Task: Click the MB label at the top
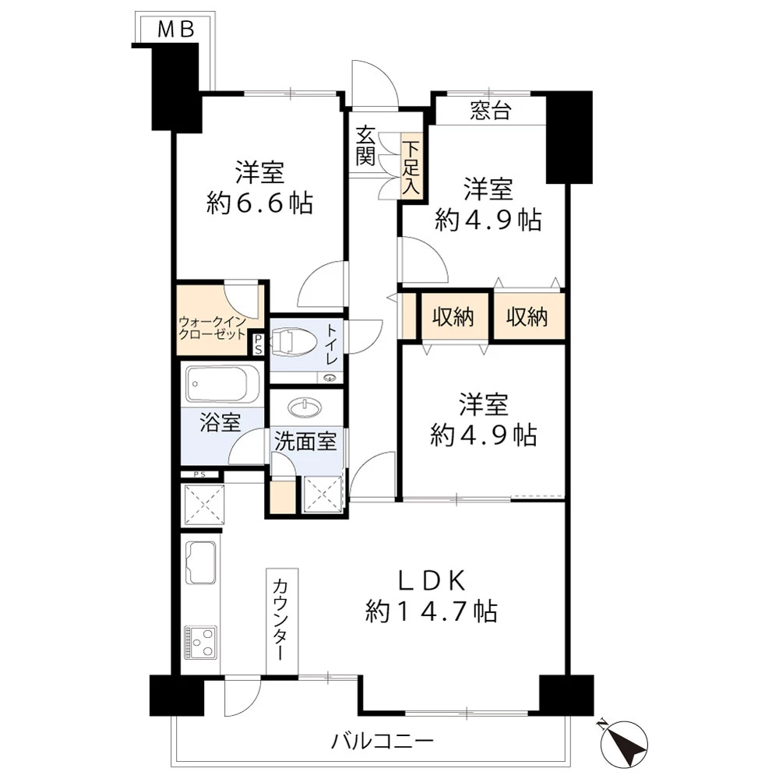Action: click(x=176, y=30)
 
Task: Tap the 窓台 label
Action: click(x=490, y=111)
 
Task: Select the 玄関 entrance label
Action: click(x=365, y=146)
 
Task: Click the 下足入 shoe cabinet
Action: click(x=411, y=167)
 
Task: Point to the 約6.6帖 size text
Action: click(x=259, y=203)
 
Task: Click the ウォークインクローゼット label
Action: click(x=212, y=328)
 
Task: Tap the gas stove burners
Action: click(x=200, y=643)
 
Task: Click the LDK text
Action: click(x=432, y=581)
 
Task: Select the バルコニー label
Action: click(x=382, y=742)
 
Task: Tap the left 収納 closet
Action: click(x=453, y=317)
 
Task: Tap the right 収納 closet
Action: click(x=527, y=317)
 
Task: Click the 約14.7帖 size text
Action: click(x=432, y=611)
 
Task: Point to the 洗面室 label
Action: click(x=305, y=441)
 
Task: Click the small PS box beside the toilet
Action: click(x=258, y=344)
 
